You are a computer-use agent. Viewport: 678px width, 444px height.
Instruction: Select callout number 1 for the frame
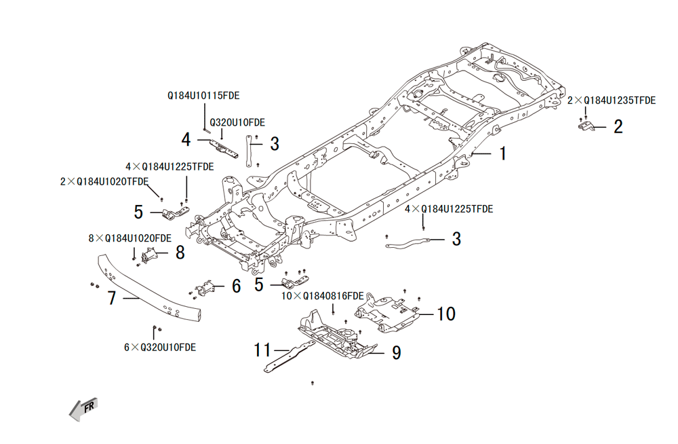tap(503, 154)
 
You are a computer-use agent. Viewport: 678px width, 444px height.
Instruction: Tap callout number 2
tap(618, 126)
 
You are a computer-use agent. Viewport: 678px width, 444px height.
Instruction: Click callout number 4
tap(186, 140)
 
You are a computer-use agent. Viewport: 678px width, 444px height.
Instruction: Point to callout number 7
tap(113, 298)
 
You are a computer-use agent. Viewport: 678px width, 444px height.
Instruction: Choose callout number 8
tap(180, 253)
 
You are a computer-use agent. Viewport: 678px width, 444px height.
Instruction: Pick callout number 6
tap(236, 286)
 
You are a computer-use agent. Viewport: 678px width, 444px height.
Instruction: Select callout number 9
tap(396, 352)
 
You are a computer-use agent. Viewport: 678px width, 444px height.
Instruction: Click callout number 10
tap(445, 314)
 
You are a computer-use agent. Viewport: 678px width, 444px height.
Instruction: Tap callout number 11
tap(262, 350)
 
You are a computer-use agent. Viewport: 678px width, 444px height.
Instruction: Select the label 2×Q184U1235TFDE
tap(612, 100)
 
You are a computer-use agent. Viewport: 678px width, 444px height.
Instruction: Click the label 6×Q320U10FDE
tap(160, 347)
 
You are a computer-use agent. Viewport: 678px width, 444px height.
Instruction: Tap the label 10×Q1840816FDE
tap(323, 296)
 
